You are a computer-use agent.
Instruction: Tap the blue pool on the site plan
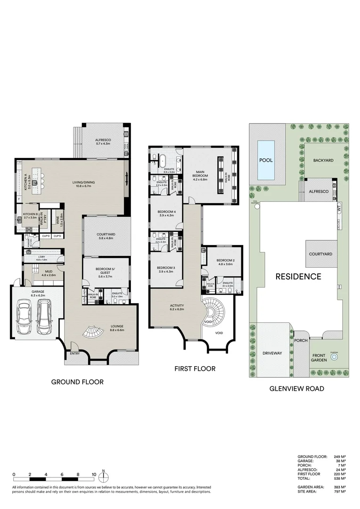[x=266, y=160]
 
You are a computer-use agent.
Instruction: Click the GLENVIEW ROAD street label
[x=296, y=389]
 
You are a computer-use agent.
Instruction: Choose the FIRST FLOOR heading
[x=195, y=369]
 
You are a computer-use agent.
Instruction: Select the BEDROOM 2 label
[x=225, y=261]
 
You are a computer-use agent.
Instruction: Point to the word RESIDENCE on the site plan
[x=298, y=277]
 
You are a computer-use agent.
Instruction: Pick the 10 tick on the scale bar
[x=94, y=475]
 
